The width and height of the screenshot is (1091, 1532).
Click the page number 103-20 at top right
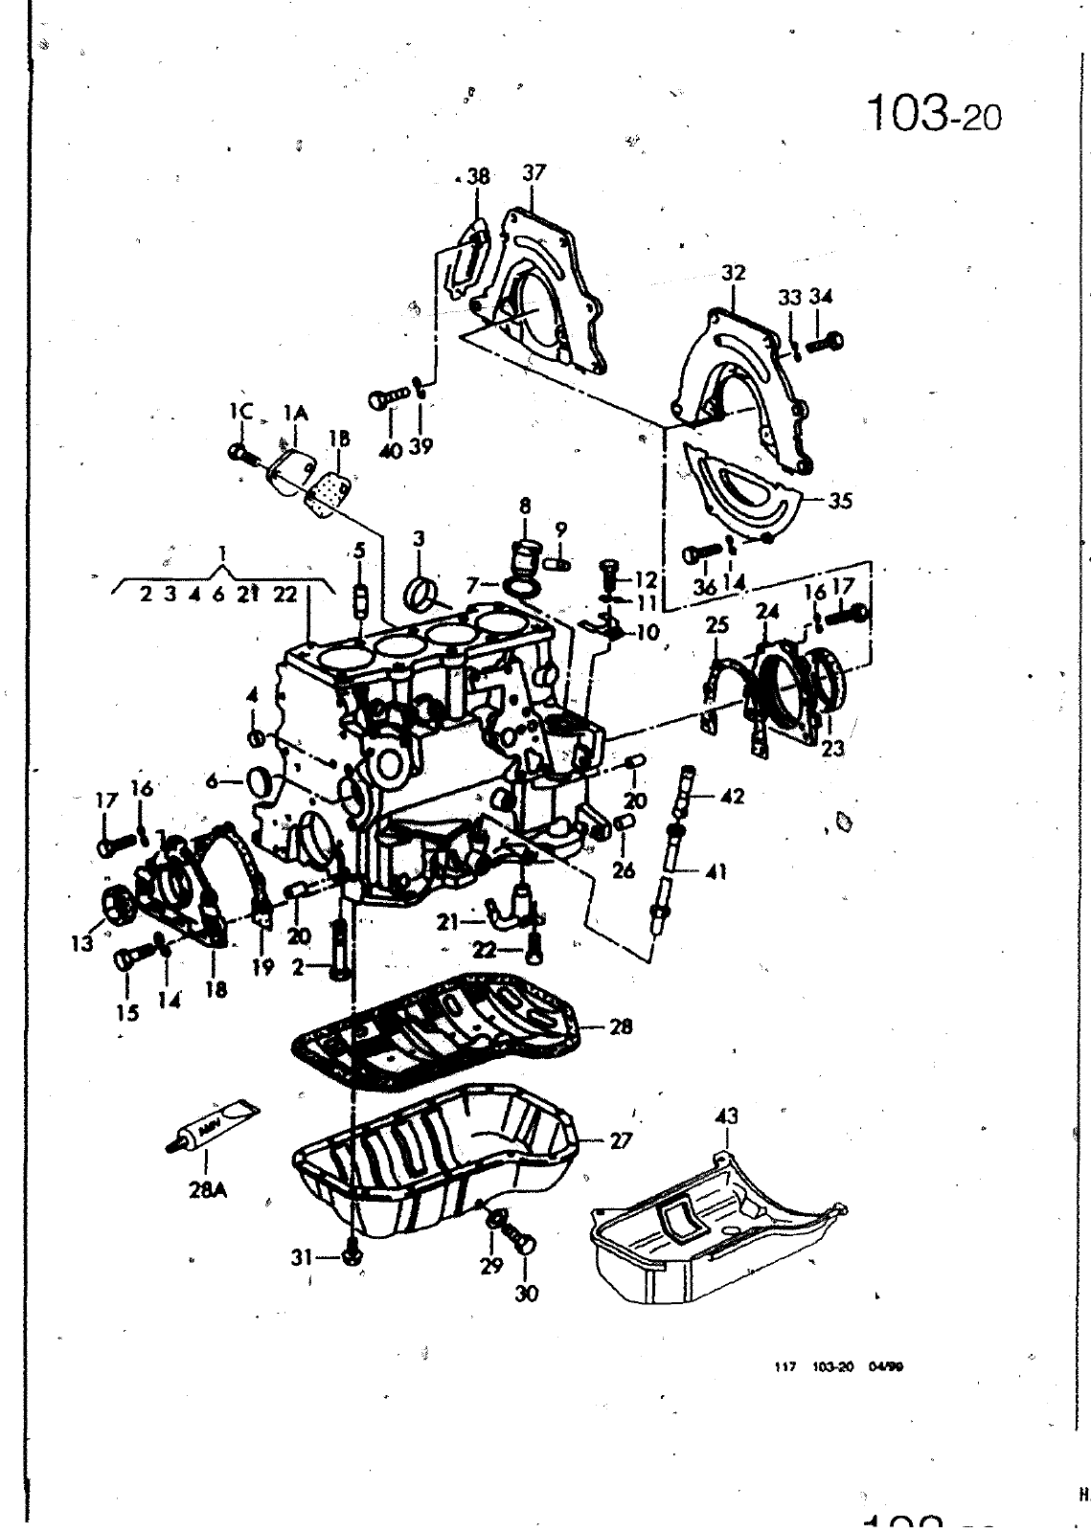pos(933,114)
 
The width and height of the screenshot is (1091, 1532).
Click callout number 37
pos(534,173)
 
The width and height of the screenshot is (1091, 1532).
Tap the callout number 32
pos(734,273)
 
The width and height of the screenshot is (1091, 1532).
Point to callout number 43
pos(727,1116)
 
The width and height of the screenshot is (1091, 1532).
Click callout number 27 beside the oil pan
pos(622,1141)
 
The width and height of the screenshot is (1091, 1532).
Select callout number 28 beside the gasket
pos(621,1027)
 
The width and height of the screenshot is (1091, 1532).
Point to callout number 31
pos(302,1258)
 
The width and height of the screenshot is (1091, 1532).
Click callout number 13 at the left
pos(82,943)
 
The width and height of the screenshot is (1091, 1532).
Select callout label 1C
pos(240,413)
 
